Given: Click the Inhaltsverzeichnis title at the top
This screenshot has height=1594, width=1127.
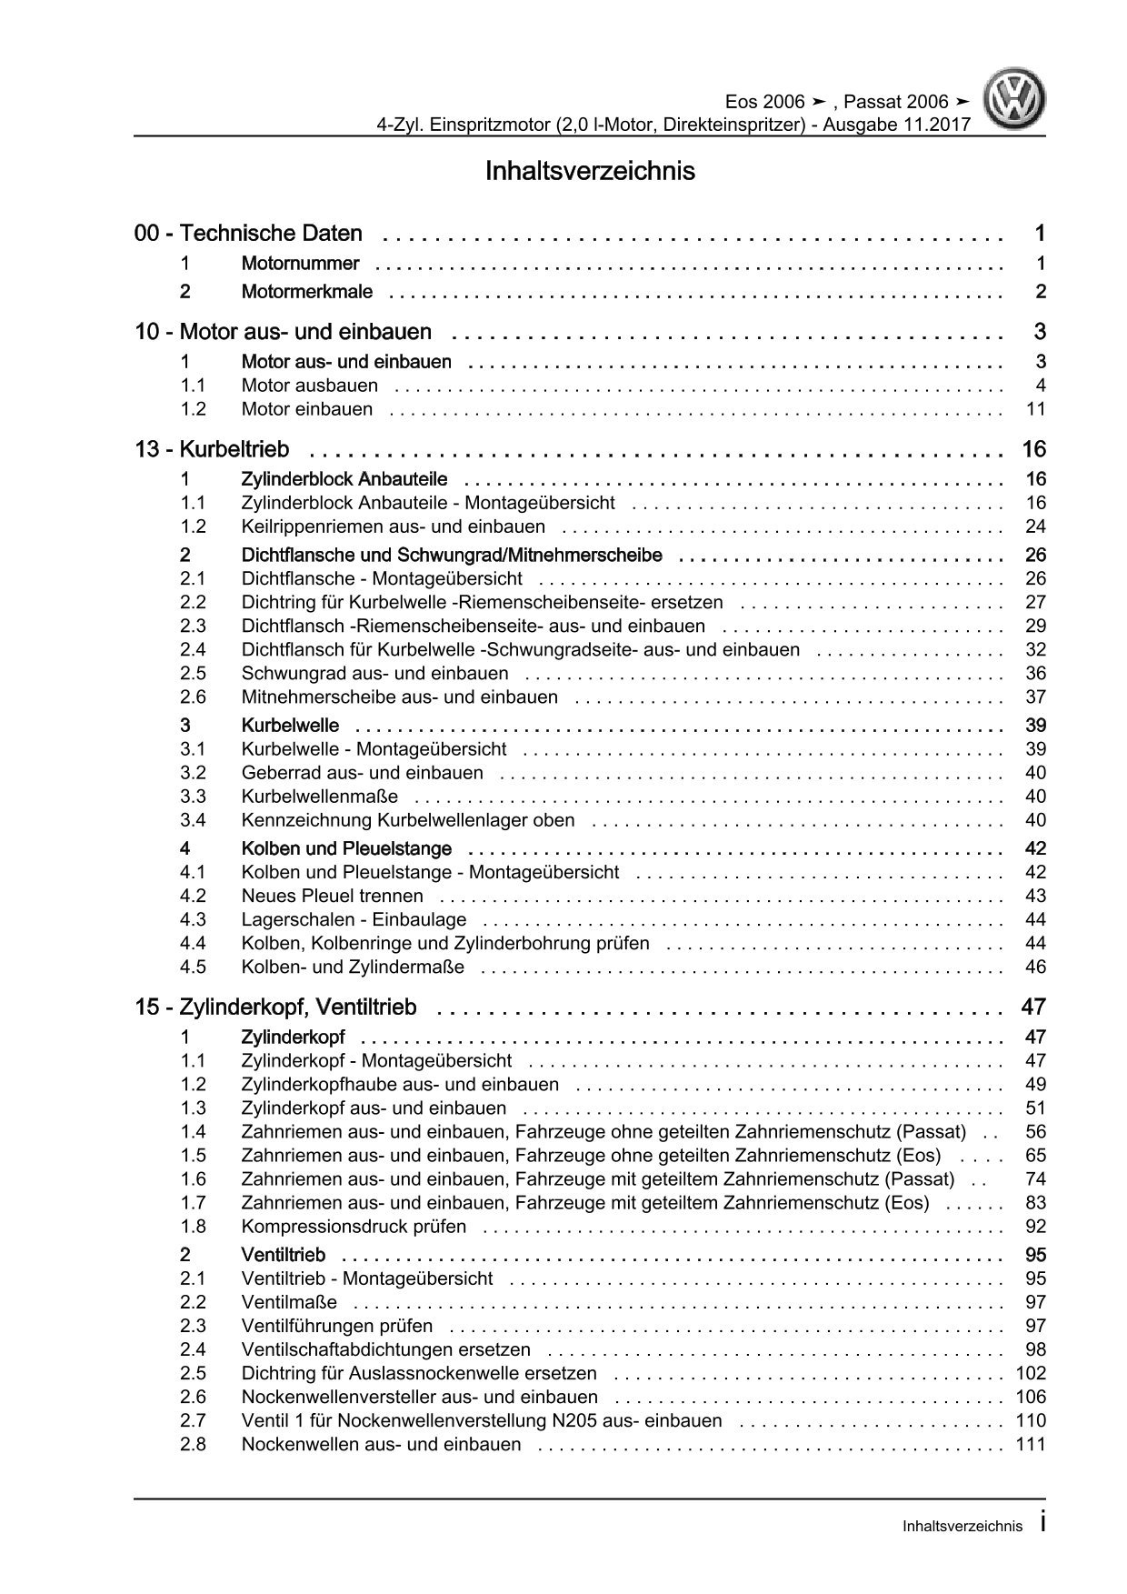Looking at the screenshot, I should point(590,171).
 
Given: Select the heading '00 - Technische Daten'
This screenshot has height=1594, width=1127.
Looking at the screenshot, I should point(248,234).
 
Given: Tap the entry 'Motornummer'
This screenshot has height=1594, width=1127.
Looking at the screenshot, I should point(300,264).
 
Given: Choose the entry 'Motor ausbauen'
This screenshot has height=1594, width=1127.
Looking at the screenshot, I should point(309,386).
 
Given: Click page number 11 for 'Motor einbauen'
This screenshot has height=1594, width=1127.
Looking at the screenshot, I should point(1035,409).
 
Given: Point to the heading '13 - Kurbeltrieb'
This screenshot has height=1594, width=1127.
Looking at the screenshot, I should point(212,449).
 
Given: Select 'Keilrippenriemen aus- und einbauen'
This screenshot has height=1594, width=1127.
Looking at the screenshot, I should point(393,526).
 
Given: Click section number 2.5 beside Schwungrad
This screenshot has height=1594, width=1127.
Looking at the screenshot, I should point(193,674).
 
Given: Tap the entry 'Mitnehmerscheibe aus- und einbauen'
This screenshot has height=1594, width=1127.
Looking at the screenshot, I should point(399,697).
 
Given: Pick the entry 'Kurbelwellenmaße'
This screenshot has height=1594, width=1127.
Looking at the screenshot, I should point(319,797).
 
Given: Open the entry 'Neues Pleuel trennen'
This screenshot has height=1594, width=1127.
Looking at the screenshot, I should point(332,896).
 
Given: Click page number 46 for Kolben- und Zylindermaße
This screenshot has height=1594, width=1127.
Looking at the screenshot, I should point(1035,967).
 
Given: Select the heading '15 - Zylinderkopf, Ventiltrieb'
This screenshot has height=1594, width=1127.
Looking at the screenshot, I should point(275,1008).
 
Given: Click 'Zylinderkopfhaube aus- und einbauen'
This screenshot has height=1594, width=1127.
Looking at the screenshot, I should point(400,1085).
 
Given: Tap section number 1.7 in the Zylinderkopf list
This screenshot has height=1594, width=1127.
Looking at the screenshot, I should point(193,1203).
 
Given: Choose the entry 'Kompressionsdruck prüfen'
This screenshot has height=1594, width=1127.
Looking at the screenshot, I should point(354,1227).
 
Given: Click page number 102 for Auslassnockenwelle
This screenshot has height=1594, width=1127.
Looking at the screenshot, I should point(1030,1374).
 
